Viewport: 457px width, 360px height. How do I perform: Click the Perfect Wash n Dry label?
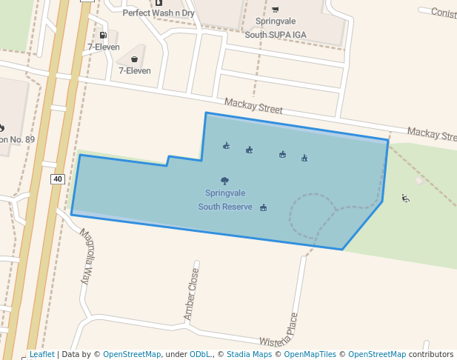(159, 13)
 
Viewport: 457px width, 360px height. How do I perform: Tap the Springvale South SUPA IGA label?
(275, 28)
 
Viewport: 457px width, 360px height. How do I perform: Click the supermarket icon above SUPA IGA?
(276, 10)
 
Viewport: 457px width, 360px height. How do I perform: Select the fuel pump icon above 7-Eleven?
(102, 35)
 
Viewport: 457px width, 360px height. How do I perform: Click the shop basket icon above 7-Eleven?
(134, 59)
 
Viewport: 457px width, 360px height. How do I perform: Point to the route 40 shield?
(58, 179)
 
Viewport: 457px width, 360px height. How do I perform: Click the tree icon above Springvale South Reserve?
(224, 181)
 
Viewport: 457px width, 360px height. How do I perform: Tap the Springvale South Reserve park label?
(225, 200)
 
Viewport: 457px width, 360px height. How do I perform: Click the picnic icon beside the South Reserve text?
(264, 207)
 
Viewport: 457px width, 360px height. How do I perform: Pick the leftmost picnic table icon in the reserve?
(226, 146)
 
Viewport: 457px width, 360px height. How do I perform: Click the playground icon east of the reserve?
(405, 198)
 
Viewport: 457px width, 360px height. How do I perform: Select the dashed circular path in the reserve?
(290, 215)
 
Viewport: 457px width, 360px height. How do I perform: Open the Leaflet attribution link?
(41, 355)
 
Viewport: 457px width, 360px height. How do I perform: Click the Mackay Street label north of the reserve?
(253, 107)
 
